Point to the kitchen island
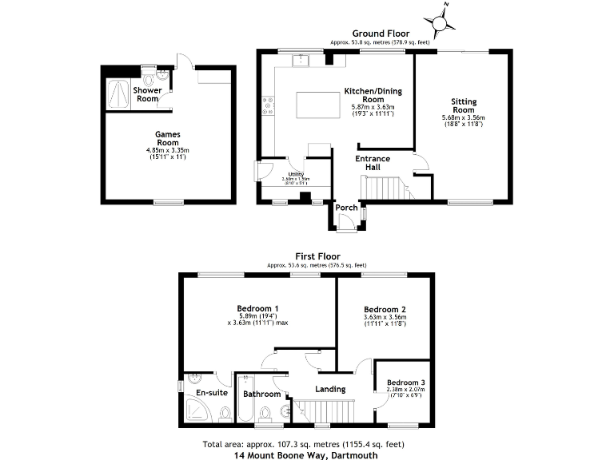tap(313, 105)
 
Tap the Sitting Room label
tap(464, 106)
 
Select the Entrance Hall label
tap(373, 163)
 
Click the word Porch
tap(346, 208)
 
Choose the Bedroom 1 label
tap(257, 308)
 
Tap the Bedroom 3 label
tap(406, 383)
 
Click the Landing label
tap(329, 389)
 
